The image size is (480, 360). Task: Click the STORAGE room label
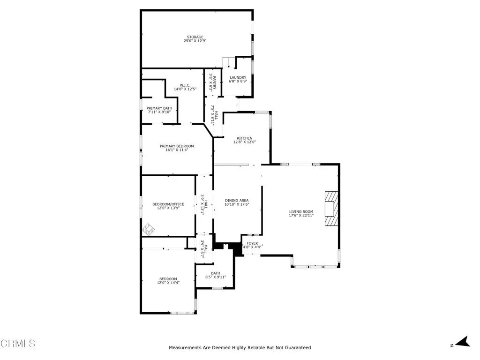point(195,37)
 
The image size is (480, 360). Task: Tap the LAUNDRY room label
point(238,77)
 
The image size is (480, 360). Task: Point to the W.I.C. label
point(185,85)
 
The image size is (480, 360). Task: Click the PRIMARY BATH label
point(159,108)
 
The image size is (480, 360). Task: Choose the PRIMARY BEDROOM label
point(177,146)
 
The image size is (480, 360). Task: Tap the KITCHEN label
point(245,138)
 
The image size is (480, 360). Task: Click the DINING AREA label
point(237,201)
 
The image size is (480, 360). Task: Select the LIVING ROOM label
point(301,211)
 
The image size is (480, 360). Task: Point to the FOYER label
point(252,243)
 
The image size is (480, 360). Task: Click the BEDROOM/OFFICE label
point(168,204)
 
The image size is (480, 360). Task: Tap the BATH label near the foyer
point(216,273)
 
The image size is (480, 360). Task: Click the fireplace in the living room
point(331,209)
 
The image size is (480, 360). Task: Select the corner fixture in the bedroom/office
point(148,229)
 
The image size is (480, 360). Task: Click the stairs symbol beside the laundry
point(228,63)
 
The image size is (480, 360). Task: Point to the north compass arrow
point(463,342)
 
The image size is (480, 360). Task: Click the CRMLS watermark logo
point(18,343)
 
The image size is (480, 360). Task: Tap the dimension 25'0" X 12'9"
point(195,41)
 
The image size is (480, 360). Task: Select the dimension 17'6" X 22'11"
point(301,215)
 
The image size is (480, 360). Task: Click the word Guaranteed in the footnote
point(298,347)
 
